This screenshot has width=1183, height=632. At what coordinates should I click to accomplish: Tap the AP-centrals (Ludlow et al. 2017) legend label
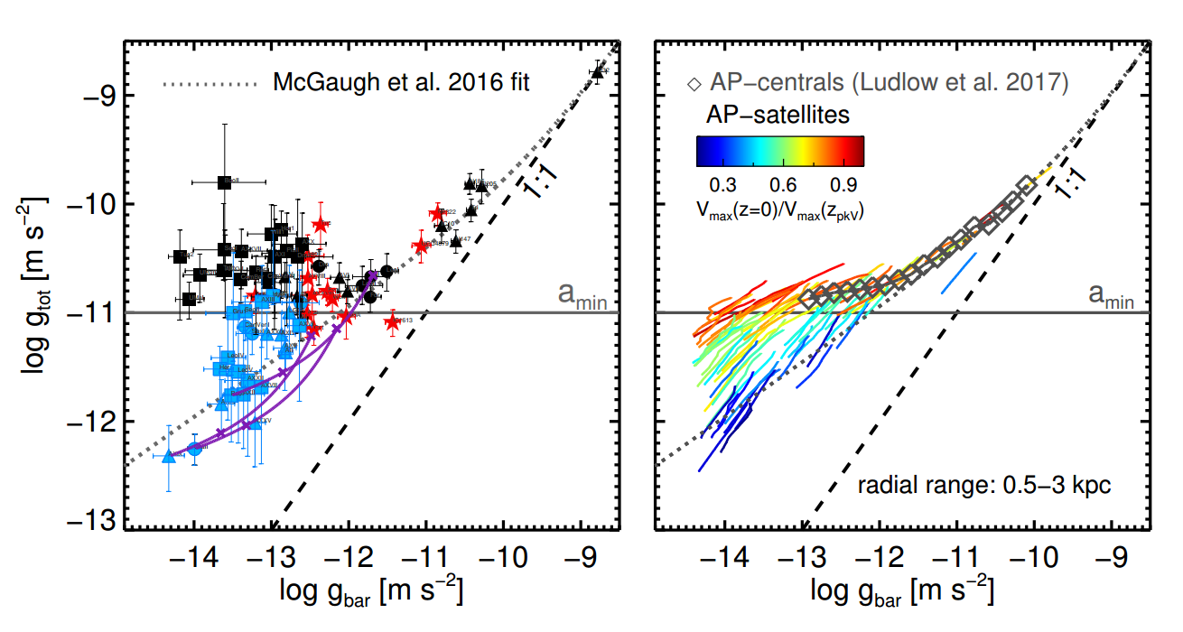pyautogui.click(x=888, y=84)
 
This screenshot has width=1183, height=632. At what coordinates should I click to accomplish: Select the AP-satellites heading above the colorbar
pyautogui.click(x=777, y=116)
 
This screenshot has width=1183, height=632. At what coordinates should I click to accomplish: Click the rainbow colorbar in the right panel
pyautogui.click(x=780, y=151)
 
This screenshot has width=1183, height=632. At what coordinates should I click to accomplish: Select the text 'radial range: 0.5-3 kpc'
pyautogui.click(x=984, y=486)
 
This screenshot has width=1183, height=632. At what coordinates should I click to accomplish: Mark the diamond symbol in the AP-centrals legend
pyautogui.click(x=694, y=84)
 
